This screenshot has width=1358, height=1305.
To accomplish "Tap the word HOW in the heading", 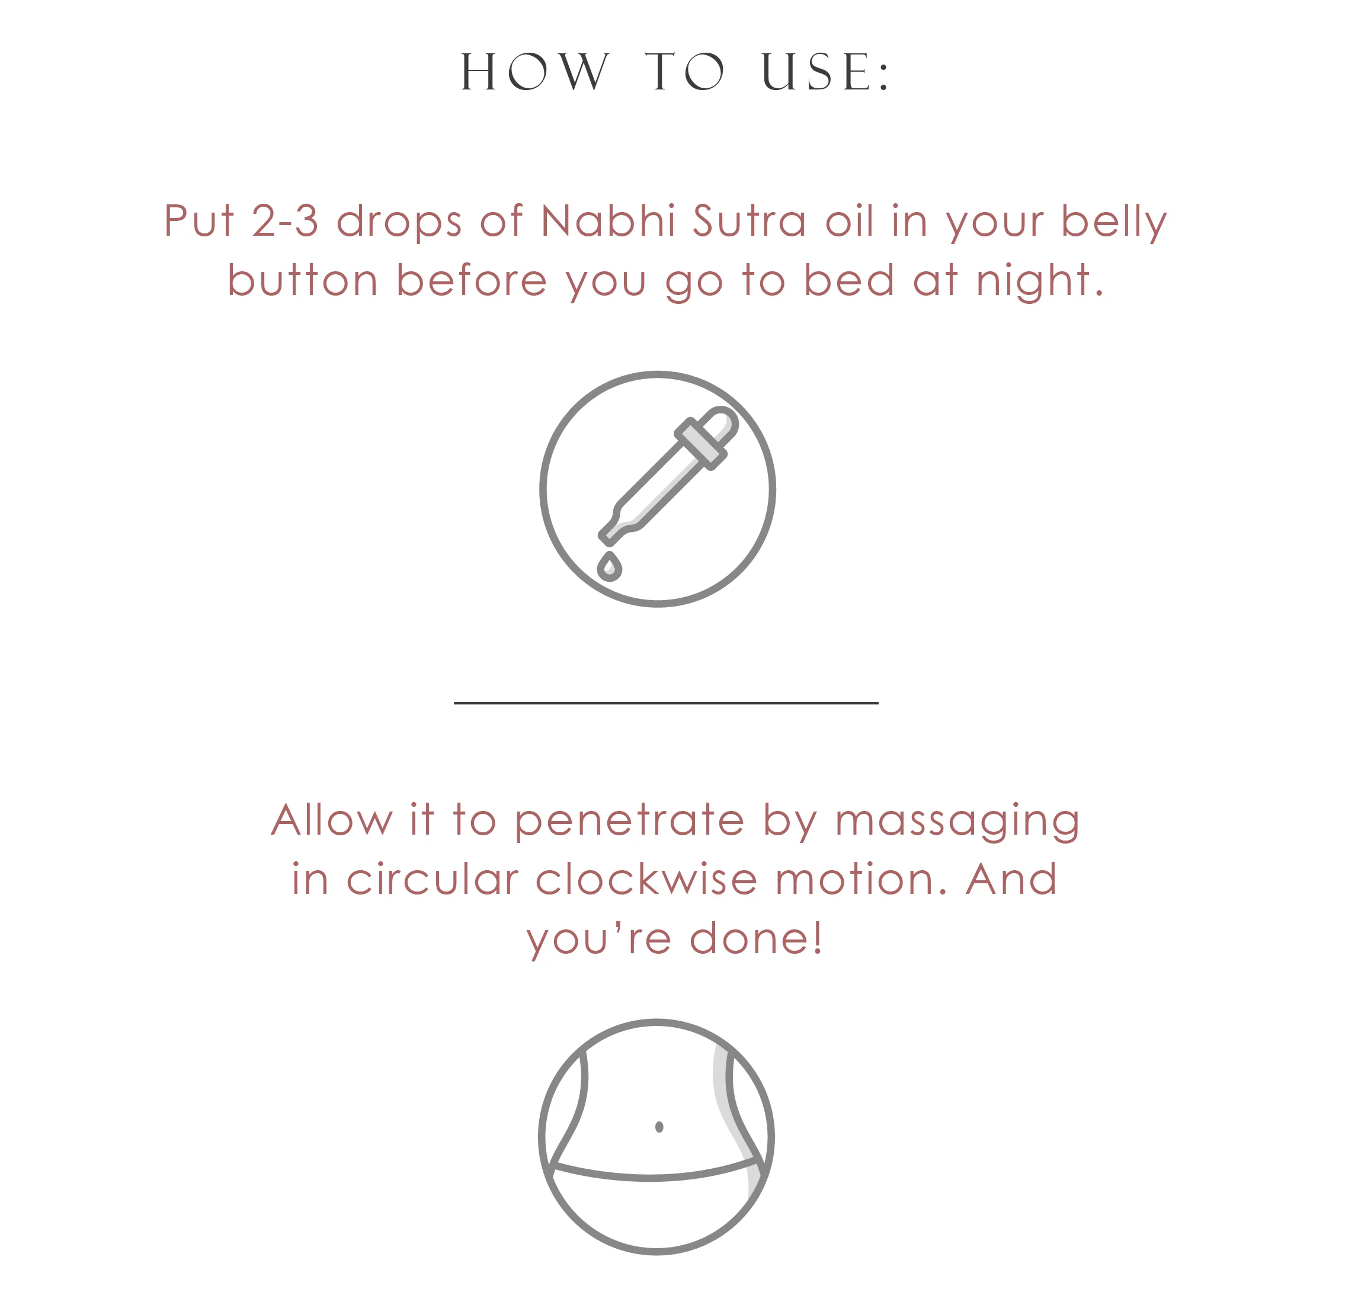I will point(535,72).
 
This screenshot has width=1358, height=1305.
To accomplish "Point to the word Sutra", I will point(749,221).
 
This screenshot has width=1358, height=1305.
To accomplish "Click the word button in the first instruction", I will point(303,281).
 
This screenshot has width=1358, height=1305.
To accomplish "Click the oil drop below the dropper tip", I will point(610,567).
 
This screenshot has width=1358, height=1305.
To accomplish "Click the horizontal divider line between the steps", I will point(666,703).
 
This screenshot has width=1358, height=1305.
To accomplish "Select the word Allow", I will point(331,820).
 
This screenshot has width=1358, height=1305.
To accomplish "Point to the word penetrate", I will point(629,820).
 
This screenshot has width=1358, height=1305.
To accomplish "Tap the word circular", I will point(433,880).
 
